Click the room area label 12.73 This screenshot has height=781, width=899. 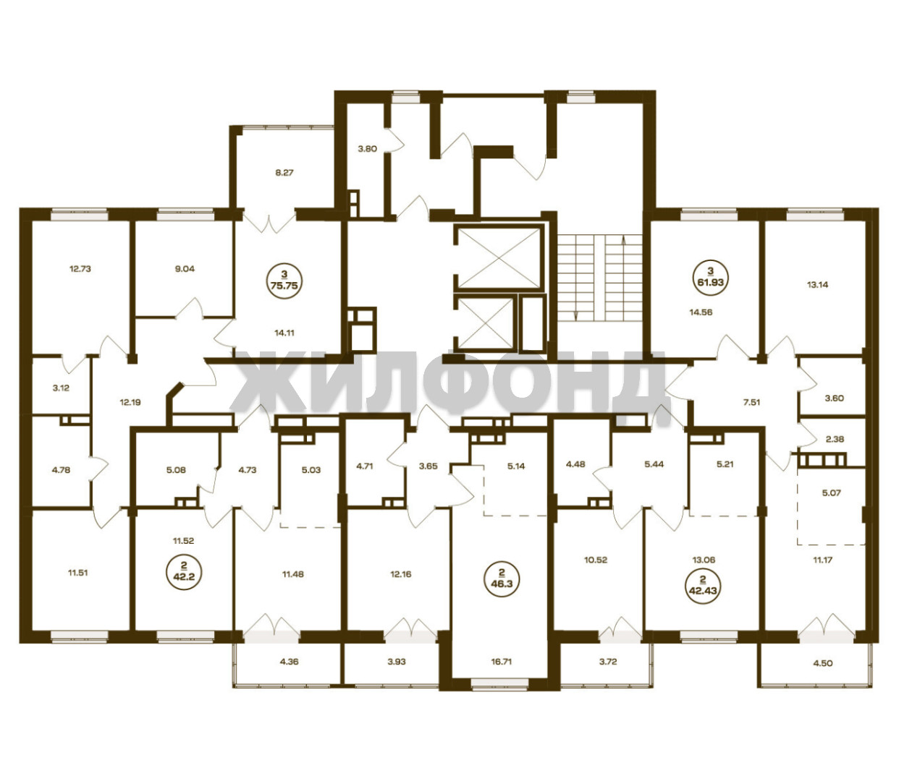pyautogui.click(x=80, y=269)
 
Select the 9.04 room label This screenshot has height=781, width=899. pyautogui.click(x=185, y=269)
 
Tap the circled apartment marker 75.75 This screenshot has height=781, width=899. pyautogui.click(x=284, y=281)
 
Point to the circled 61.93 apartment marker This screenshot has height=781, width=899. pyautogui.click(x=710, y=278)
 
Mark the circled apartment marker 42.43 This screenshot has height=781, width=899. pyautogui.click(x=704, y=586)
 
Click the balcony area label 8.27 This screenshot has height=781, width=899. pyautogui.click(x=284, y=173)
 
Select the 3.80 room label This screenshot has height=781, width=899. pyautogui.click(x=367, y=149)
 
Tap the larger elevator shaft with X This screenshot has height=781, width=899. pyautogui.click(x=499, y=257)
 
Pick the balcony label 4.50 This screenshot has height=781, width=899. pyautogui.click(x=822, y=663)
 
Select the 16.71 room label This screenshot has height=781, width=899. pyautogui.click(x=502, y=662)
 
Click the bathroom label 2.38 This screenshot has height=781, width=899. pyautogui.click(x=835, y=439)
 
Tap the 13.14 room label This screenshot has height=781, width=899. pyautogui.click(x=817, y=284)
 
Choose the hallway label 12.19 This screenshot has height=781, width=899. pyautogui.click(x=130, y=402)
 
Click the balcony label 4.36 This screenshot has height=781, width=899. pyautogui.click(x=289, y=662)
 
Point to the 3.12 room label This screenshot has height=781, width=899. pyautogui.click(x=61, y=388)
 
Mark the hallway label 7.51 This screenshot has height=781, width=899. pyautogui.click(x=751, y=402)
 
